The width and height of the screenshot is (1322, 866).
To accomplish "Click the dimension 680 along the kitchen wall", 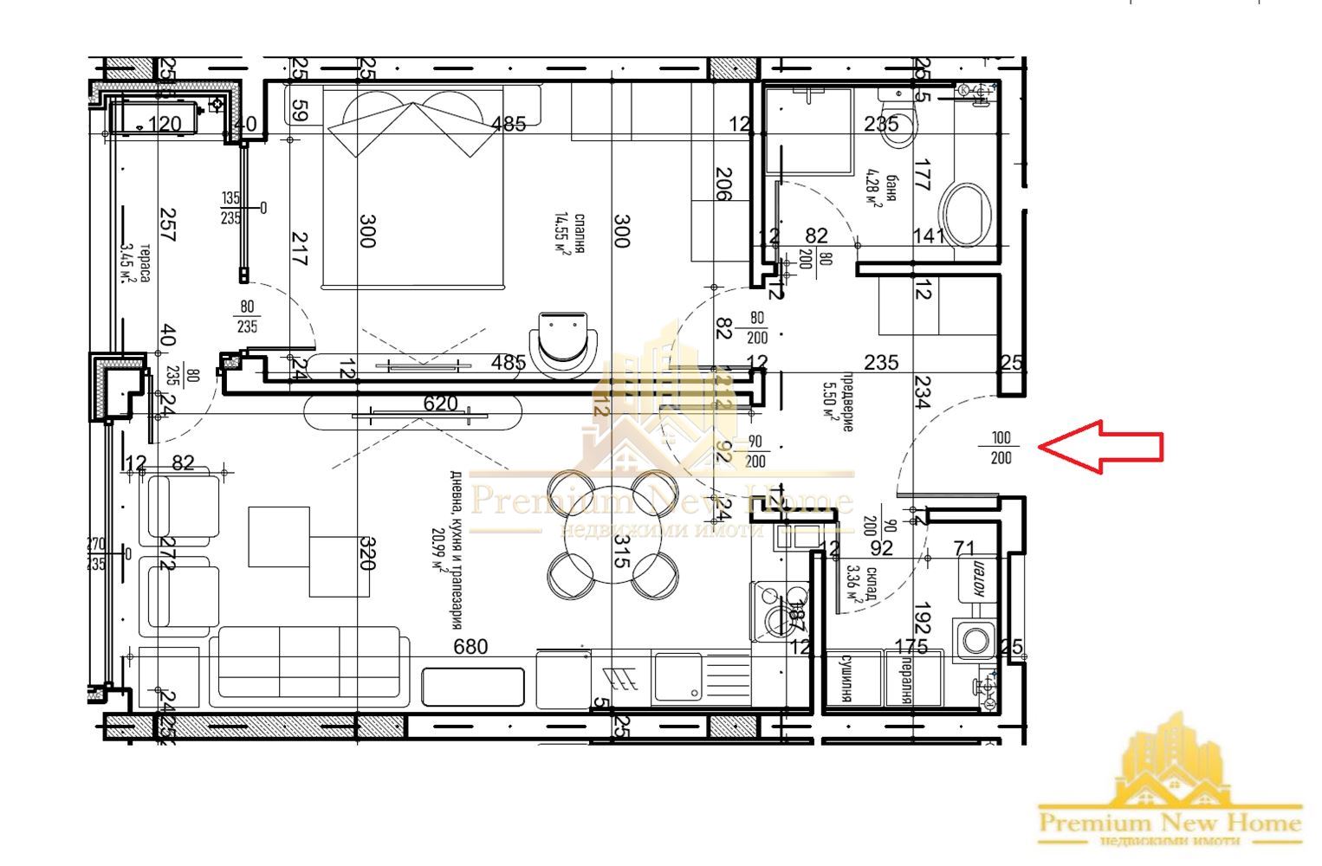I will [470, 646].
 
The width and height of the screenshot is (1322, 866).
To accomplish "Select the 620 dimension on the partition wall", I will [440, 403].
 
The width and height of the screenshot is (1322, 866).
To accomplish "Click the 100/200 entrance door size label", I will [1001, 448].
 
